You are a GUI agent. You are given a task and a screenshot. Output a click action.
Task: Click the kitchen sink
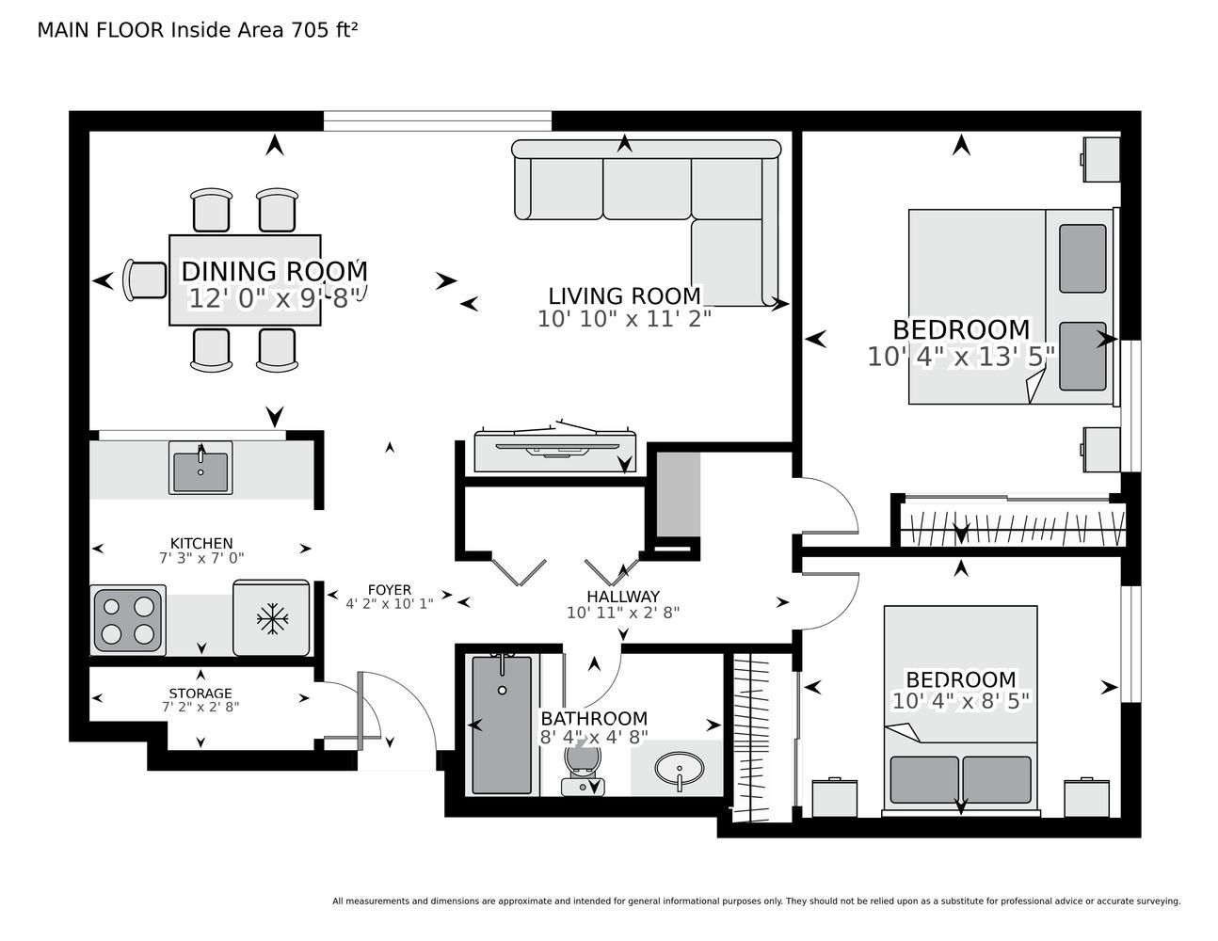[200, 467]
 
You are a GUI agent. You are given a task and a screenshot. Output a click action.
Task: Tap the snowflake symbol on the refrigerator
[272, 619]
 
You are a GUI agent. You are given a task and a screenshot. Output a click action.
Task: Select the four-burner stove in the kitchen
[128, 619]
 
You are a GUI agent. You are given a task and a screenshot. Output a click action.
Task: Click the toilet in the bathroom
[583, 768]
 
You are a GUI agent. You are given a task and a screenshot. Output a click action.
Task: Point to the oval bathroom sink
[680, 770]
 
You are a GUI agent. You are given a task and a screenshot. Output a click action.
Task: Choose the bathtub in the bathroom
[502, 725]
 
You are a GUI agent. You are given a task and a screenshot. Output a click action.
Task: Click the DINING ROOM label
[274, 272]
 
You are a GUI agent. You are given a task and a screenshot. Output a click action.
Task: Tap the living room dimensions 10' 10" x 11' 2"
[624, 319]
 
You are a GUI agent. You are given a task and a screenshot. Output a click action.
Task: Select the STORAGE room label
[200, 694]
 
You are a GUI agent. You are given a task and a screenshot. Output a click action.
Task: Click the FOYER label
[390, 590]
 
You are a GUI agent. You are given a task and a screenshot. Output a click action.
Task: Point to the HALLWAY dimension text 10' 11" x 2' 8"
[623, 613]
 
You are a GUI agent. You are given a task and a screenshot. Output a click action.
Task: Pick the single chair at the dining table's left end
[145, 280]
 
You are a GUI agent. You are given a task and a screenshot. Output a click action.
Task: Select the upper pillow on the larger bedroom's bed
[1082, 259]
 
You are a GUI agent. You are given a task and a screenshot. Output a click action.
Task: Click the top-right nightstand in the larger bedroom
[1101, 160]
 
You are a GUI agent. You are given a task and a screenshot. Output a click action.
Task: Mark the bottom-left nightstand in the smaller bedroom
[834, 798]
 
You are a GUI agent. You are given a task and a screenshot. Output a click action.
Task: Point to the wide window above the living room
[437, 121]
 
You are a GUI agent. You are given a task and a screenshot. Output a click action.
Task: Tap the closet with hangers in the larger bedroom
[1012, 525]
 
